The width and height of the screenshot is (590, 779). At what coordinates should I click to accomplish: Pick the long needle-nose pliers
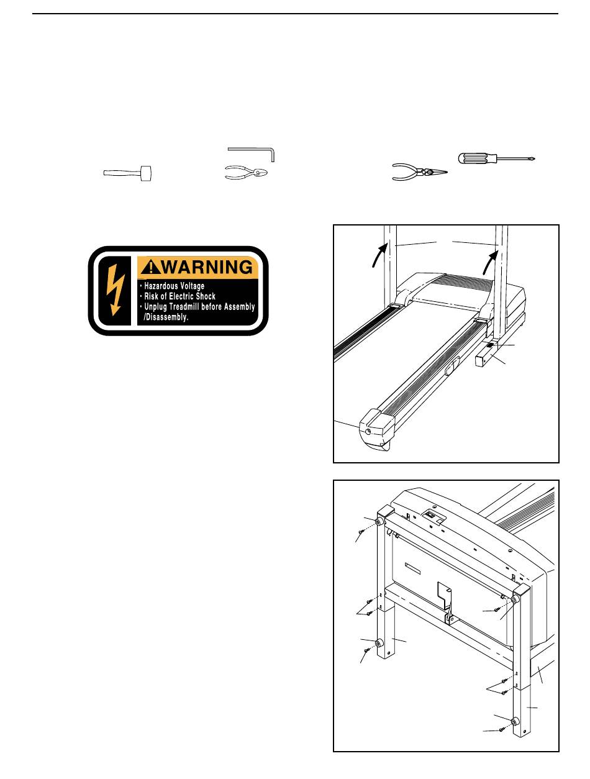(420, 172)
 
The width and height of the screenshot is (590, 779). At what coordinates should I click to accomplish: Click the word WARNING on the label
(205, 268)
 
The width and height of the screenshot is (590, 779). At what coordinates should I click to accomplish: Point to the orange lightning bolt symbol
(114, 290)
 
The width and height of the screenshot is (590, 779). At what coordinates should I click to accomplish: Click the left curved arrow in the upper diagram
(377, 255)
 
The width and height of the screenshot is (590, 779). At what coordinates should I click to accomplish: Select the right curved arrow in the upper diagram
(489, 263)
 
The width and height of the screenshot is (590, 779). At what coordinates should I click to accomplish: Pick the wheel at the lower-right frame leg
(515, 721)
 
